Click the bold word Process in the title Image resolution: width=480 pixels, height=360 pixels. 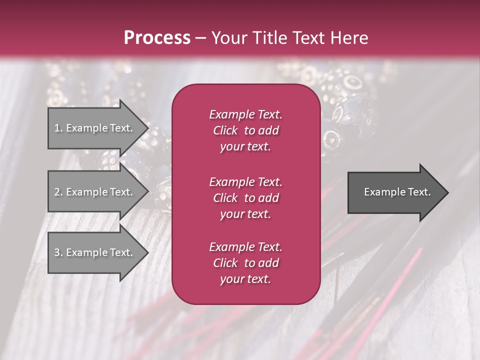click(157, 38)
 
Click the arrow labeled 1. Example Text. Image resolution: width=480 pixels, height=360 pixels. click(95, 128)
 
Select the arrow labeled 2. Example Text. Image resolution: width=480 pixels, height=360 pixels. click(95, 192)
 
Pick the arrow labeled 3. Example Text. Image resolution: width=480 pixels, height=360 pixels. click(95, 252)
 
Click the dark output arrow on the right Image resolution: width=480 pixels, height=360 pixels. click(395, 192)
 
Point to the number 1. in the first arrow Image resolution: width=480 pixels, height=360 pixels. click(58, 128)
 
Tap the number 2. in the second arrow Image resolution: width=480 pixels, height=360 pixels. click(58, 192)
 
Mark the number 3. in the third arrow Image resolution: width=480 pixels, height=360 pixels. click(58, 252)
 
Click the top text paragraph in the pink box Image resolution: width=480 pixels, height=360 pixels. click(245, 130)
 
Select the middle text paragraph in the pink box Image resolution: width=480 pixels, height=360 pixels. click(245, 198)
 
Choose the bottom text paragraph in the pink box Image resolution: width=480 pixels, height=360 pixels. click(245, 263)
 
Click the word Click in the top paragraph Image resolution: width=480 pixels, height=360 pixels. click(225, 130)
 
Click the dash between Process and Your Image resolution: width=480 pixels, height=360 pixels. click(200, 38)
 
